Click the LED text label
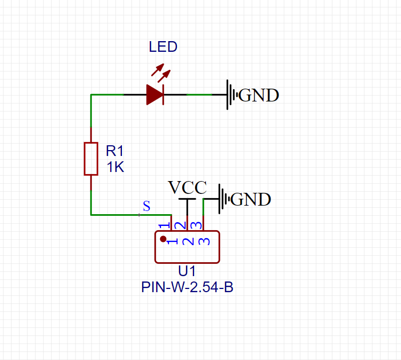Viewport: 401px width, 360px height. [163, 47]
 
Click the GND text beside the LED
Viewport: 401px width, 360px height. [259, 96]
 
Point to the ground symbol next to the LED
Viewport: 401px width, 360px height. [231, 95]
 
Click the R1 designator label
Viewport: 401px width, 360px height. [115, 151]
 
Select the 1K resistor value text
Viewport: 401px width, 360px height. [115, 167]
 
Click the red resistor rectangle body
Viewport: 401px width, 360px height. [91, 159]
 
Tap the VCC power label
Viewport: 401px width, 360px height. [187, 187]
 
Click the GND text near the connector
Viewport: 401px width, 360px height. [251, 199]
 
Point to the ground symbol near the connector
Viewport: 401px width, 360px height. [223, 199]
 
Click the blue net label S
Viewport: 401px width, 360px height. [146, 206]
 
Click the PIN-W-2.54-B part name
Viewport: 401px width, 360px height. [187, 287]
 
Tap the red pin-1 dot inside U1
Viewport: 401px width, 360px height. [163, 239]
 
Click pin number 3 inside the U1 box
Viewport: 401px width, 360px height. [203, 241]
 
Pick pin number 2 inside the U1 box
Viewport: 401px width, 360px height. [188, 241]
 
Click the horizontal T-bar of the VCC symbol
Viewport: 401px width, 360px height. [187, 199]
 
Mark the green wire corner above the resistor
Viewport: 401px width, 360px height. [91, 95]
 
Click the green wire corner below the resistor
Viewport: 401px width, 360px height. [91, 215]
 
